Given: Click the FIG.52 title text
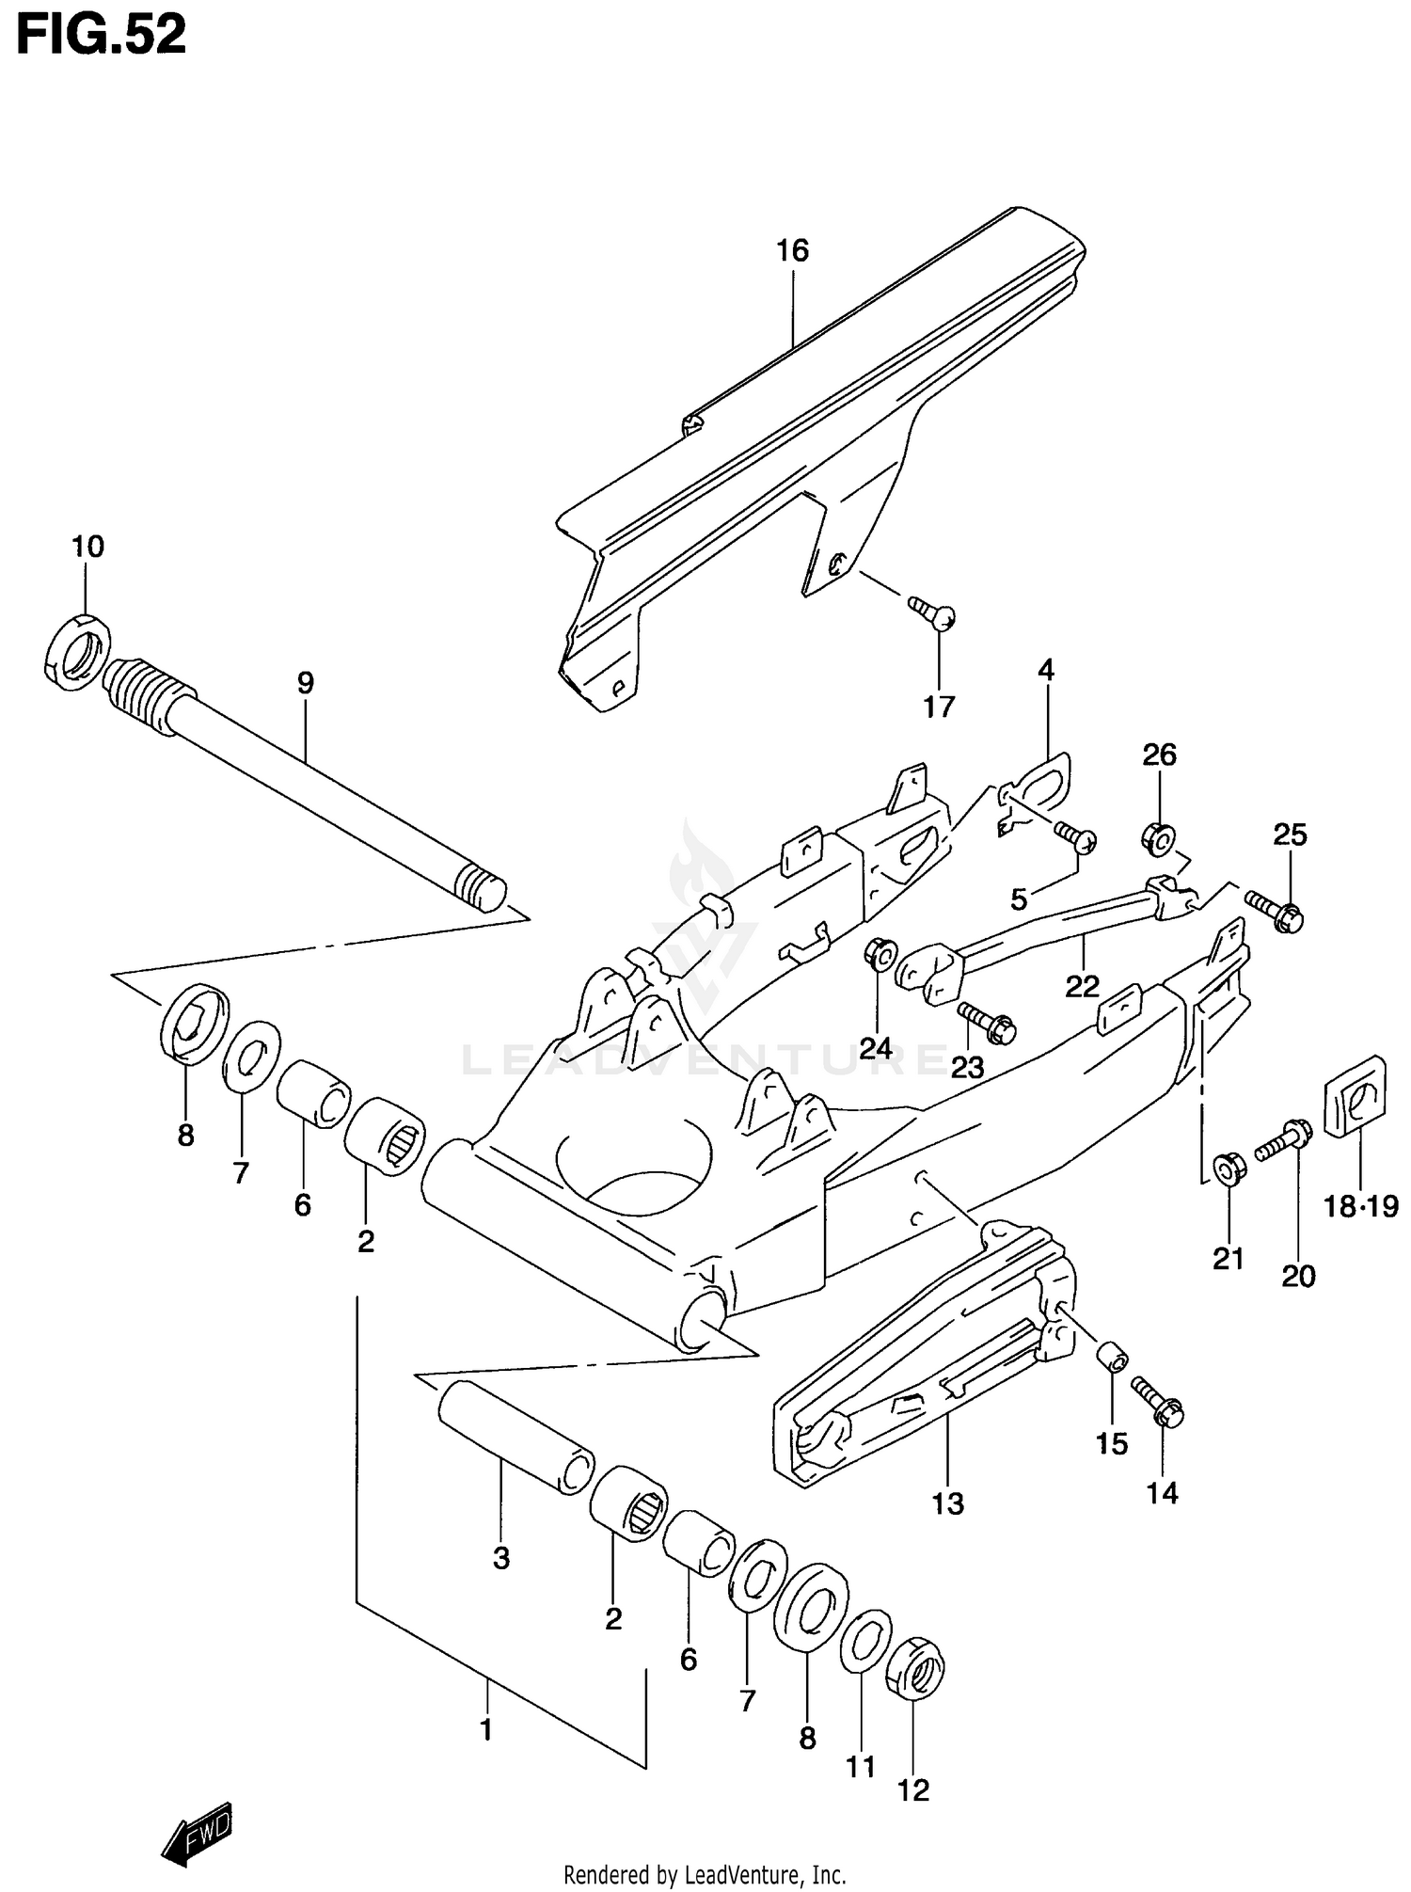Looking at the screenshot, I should (102, 36).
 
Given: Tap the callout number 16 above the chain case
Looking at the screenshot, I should (792, 250).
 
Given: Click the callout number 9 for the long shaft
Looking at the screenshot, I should (305, 683).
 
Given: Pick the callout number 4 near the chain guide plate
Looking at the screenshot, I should (1046, 670).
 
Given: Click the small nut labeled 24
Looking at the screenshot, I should (881, 956).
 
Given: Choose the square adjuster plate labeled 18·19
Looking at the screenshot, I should (1356, 1097).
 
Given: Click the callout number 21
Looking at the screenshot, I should (1228, 1258).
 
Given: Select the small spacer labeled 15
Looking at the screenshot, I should (1113, 1358).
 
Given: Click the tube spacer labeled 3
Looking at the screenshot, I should (515, 1438).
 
